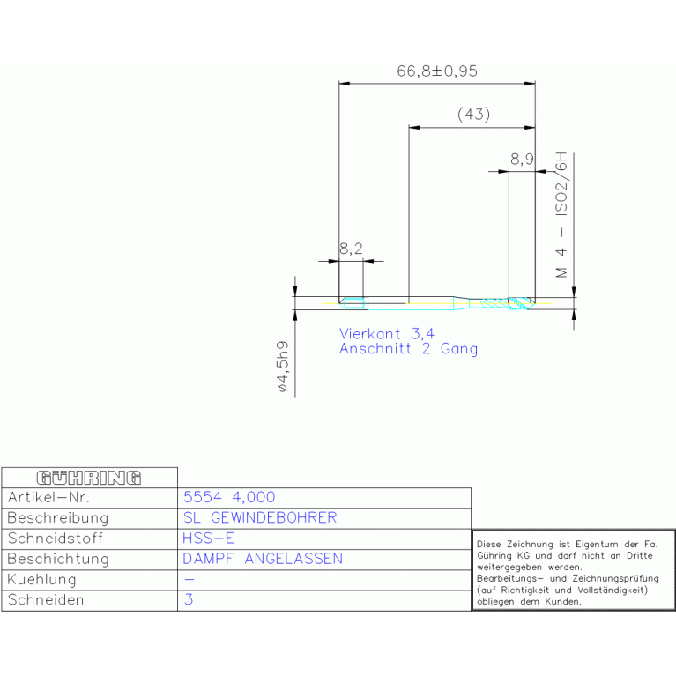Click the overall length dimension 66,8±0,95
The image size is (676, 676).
(437, 71)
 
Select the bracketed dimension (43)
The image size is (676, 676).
(473, 115)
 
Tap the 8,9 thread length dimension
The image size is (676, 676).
(522, 160)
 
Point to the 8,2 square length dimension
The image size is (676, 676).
(351, 249)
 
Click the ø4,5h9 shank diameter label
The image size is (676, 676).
(283, 367)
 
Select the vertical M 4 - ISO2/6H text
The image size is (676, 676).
(561, 215)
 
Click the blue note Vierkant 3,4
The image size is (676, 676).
(387, 334)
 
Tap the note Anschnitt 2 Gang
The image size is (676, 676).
(408, 349)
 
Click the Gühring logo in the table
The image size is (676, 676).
(89, 478)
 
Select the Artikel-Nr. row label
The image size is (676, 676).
(48, 497)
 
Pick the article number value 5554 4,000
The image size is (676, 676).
(229, 497)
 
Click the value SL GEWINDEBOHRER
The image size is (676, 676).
(260, 517)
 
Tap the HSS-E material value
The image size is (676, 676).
(208, 539)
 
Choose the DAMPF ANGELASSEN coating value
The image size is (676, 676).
(263, 559)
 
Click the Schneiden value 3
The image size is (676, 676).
(189, 599)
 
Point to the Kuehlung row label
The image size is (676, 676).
(41, 580)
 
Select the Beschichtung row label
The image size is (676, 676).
(58, 559)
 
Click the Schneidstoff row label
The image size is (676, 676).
(56, 539)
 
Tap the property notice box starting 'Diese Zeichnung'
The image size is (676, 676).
(574, 570)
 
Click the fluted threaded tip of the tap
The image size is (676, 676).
(508, 303)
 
